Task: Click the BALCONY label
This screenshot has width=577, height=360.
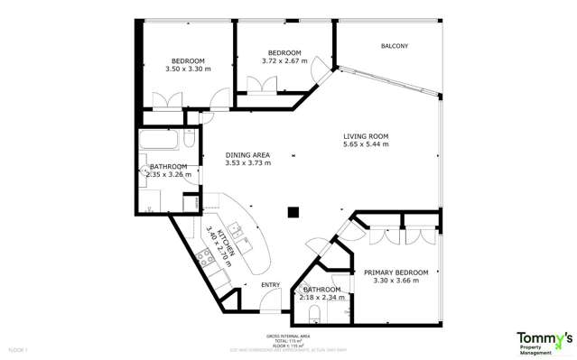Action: coord(394,46)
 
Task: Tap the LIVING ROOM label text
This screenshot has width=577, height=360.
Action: coord(366,135)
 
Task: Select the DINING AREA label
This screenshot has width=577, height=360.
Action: coord(247,154)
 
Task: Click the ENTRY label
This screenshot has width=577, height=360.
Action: coord(270,285)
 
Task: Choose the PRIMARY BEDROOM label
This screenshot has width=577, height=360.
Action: coord(396,272)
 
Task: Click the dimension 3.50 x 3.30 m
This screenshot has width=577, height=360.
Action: coord(188,69)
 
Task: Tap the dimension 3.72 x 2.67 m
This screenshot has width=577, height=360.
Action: coord(284,60)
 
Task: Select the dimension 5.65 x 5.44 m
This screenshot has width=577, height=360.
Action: coord(366,144)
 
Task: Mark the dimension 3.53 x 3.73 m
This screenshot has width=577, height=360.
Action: coord(247,163)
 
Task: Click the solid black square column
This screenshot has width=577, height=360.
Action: coord(293,213)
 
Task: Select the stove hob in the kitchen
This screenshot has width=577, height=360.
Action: coord(205,258)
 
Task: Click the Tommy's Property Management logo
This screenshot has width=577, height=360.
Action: coord(543,342)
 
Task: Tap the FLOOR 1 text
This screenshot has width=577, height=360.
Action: coord(19,348)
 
